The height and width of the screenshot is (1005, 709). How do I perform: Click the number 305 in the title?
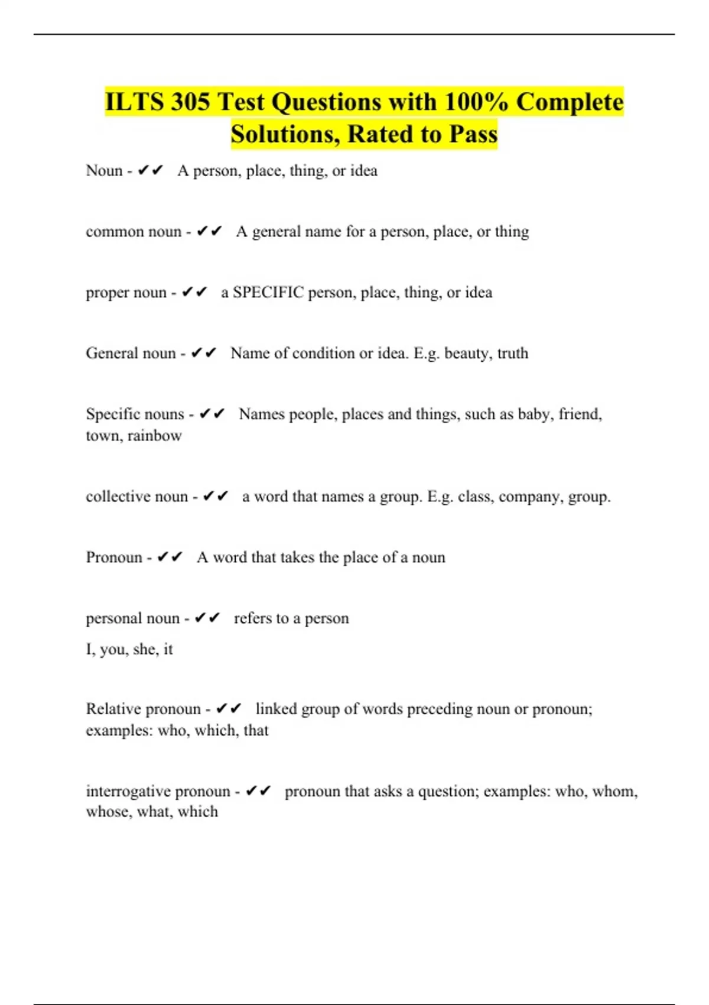click(x=190, y=102)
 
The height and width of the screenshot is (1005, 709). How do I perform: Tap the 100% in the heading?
click(x=476, y=102)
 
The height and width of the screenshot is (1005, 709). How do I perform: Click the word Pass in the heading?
click(x=473, y=134)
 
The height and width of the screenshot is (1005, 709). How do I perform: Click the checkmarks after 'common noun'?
click(x=209, y=231)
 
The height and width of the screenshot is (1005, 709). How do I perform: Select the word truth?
click(x=513, y=353)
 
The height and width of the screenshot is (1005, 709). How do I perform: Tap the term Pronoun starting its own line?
click(x=114, y=557)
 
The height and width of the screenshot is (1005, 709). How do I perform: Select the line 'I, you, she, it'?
click(x=129, y=649)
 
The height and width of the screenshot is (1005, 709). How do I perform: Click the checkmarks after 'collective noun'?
click(x=215, y=497)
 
